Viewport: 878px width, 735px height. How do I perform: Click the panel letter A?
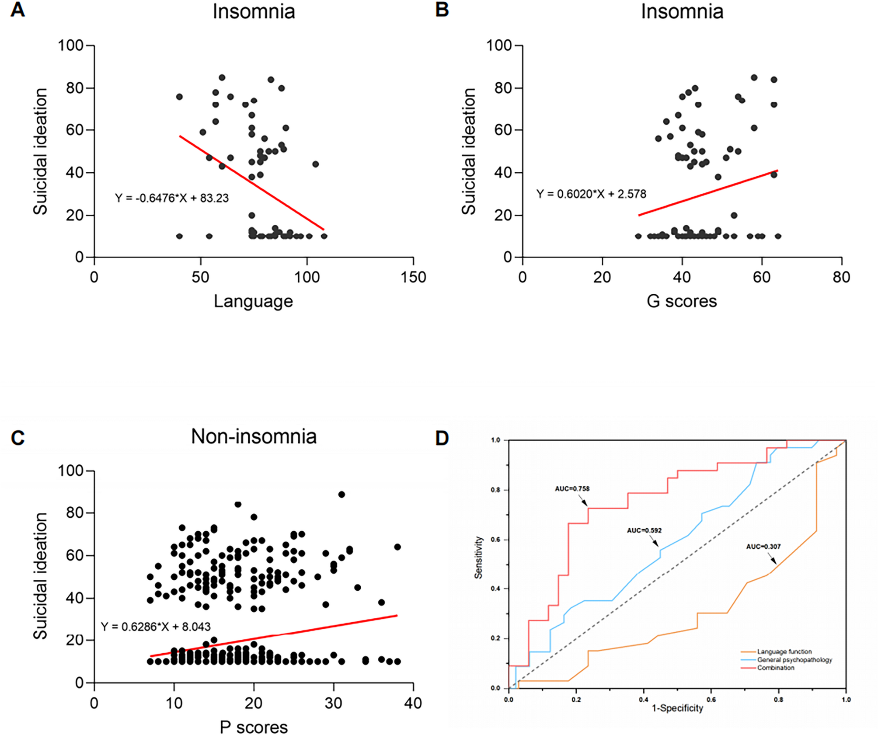click(17, 10)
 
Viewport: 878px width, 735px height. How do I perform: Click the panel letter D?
click(442, 438)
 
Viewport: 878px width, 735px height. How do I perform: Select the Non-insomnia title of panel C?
click(254, 436)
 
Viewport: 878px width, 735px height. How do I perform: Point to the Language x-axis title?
click(253, 301)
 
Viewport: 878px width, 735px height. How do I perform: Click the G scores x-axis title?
click(682, 301)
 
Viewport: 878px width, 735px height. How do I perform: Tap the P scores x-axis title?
click(254, 727)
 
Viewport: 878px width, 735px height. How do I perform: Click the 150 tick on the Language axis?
click(413, 277)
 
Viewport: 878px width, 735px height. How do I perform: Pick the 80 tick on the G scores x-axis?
click(841, 277)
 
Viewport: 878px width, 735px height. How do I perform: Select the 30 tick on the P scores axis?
click(334, 703)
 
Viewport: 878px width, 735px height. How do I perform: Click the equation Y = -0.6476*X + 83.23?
click(172, 198)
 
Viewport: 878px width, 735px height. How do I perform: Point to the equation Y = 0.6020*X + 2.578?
click(591, 194)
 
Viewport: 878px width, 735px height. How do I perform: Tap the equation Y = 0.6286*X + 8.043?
click(156, 627)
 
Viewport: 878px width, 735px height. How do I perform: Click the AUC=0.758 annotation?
click(572, 488)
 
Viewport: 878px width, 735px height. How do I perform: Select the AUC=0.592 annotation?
click(644, 530)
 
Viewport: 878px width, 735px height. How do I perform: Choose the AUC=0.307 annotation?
click(763, 547)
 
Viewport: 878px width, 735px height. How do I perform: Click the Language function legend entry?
click(784, 651)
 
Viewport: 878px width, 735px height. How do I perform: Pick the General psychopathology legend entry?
click(794, 660)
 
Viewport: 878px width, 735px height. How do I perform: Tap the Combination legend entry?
click(776, 668)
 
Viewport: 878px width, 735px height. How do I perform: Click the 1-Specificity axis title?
click(677, 708)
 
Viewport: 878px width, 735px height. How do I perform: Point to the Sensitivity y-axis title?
click(479, 557)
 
